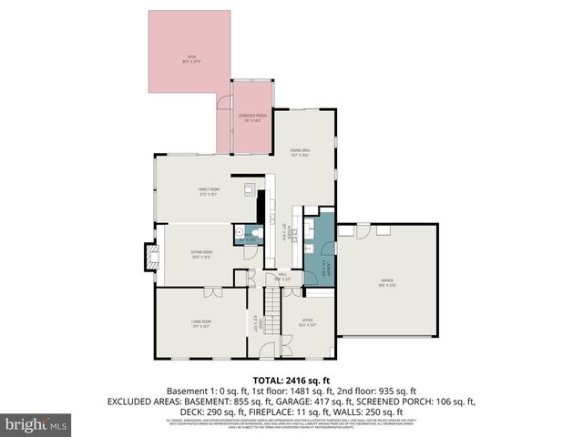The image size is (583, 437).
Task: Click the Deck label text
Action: coord(188,59)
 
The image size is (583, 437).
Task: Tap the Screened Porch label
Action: coord(253,117)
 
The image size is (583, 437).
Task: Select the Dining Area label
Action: coord(301,152)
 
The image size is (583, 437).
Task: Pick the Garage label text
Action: coord(387,283)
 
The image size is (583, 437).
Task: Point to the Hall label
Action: coord(282,276)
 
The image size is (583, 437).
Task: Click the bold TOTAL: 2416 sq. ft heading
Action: coord(291,380)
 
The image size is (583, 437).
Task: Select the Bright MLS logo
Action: coord(36,424)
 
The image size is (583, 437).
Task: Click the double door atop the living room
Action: coord(210,292)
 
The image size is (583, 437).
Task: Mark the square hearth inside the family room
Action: coord(248,190)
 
